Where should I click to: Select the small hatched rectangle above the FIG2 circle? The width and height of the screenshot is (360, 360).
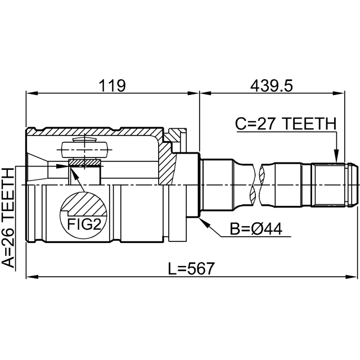tap(84, 163)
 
